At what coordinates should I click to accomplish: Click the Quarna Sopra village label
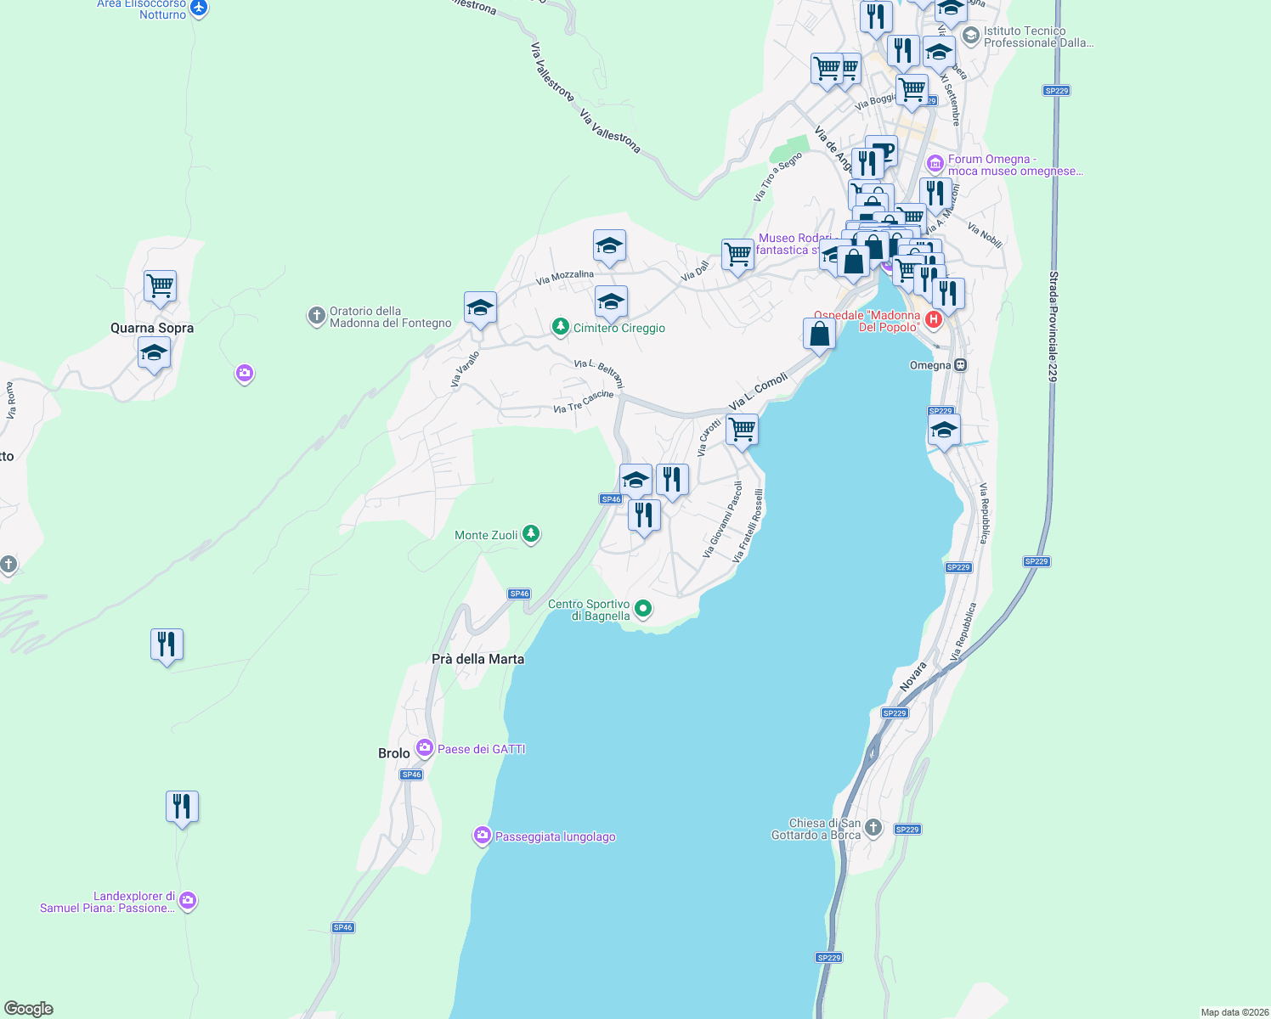(152, 328)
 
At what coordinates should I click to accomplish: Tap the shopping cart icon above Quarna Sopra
(160, 286)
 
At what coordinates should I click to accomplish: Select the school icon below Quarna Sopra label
(154, 352)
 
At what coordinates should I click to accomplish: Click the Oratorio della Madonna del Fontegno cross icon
(316, 317)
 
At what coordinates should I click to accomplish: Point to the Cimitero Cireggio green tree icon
(560, 327)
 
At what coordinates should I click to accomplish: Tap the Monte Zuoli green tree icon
(531, 534)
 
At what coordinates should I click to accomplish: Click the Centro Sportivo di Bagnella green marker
(643, 608)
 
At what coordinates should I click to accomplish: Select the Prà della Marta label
(477, 659)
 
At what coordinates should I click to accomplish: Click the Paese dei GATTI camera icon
(424, 748)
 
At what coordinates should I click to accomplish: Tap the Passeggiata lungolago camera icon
(483, 836)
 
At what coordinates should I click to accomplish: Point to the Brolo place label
(393, 753)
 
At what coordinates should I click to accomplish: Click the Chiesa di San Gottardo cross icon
(873, 828)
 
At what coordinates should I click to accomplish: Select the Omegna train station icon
(961, 365)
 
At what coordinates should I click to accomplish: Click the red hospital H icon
(934, 320)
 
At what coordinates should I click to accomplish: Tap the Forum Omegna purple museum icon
(935, 163)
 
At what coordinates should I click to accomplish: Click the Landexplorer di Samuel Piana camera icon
(188, 900)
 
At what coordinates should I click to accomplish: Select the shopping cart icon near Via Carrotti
(742, 430)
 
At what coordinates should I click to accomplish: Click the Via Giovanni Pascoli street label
(723, 520)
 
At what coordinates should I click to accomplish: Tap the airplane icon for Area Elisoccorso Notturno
(199, 8)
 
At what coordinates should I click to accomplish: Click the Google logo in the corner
(29, 1009)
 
